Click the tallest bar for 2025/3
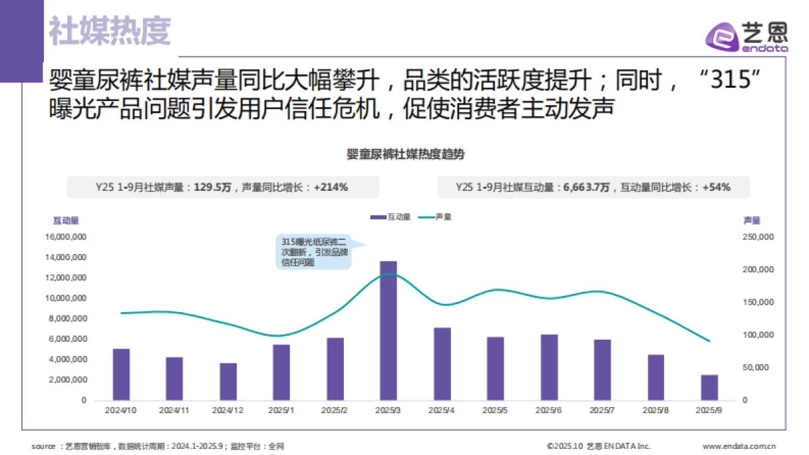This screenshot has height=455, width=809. (x=388, y=330)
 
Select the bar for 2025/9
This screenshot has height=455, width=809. (x=709, y=388)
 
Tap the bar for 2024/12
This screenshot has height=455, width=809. (x=228, y=382)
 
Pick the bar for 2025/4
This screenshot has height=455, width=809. (x=442, y=364)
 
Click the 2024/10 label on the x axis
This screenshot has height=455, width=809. (x=121, y=410)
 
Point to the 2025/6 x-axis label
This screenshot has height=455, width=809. (x=549, y=410)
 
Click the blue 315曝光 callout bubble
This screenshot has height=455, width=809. (x=314, y=251)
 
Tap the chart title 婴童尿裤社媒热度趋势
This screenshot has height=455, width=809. (x=404, y=154)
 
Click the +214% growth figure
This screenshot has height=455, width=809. (x=330, y=187)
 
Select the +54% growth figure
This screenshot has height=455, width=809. (x=716, y=187)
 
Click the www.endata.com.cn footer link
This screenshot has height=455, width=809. (x=739, y=446)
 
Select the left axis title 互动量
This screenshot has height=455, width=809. (x=66, y=220)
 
